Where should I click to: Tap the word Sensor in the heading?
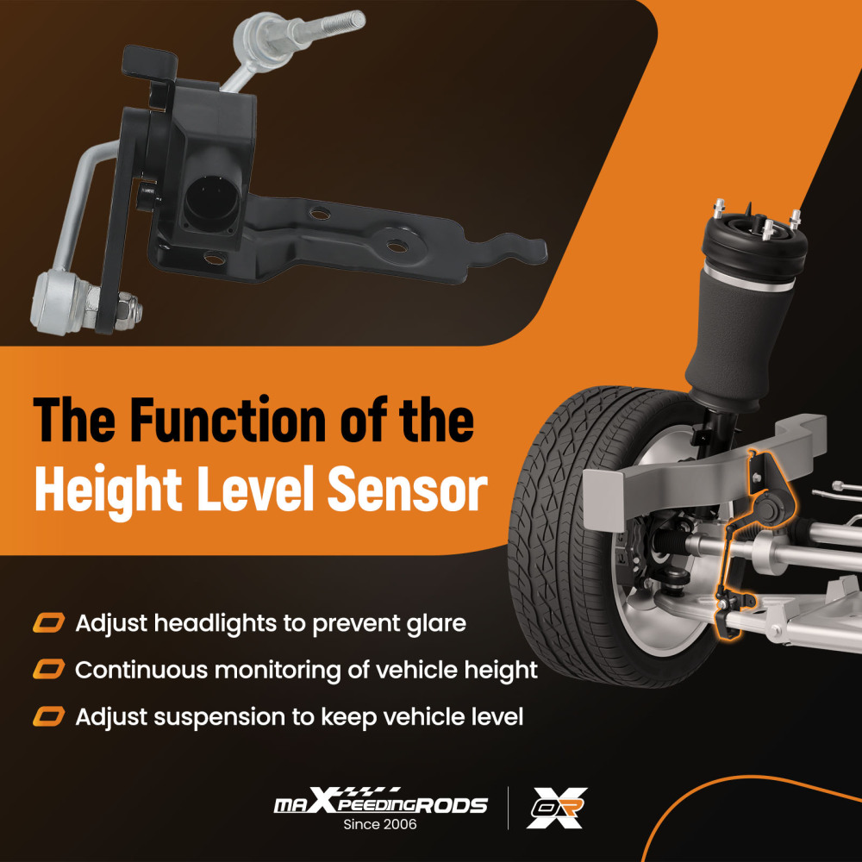pos(408,489)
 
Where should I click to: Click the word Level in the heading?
pos(255,489)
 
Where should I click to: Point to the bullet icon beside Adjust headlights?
pos(48,623)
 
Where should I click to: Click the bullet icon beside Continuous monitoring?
pos(48,670)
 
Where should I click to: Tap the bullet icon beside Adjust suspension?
pos(48,716)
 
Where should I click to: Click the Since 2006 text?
pos(380,824)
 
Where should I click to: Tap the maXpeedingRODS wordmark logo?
pos(380,802)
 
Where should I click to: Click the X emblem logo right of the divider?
pos(557,808)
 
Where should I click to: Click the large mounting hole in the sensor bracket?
pos(397,246)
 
